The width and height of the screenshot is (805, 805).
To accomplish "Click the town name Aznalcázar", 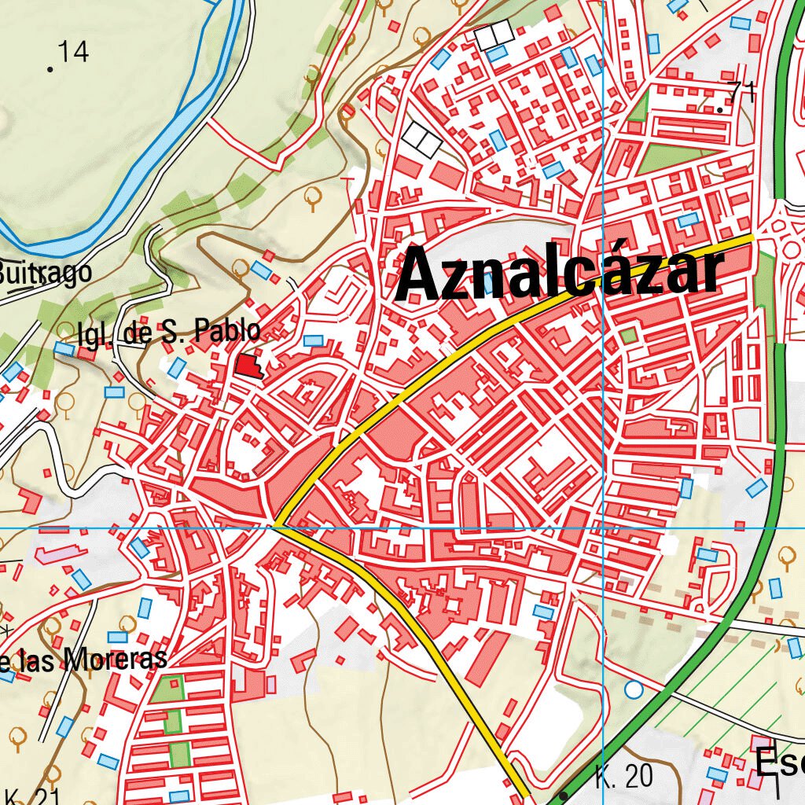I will click(x=558, y=274).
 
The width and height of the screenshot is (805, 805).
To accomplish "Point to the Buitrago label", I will click(x=46, y=272).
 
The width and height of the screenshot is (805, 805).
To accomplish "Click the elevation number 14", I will click(x=73, y=52).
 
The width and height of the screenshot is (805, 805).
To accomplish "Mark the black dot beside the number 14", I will click(x=50, y=70).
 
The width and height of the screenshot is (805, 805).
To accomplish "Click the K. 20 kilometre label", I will click(x=624, y=777).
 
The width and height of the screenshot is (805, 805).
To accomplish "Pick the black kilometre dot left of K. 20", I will click(x=564, y=796).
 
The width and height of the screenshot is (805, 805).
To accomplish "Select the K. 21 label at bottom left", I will click(x=31, y=796).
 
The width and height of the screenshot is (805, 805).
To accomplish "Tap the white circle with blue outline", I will click(x=634, y=690).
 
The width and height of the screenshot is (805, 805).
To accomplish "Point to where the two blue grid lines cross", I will click(x=603, y=528).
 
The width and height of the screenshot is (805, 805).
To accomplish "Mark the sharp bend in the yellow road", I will click(x=277, y=525).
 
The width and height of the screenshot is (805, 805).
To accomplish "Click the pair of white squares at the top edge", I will click(x=494, y=34).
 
